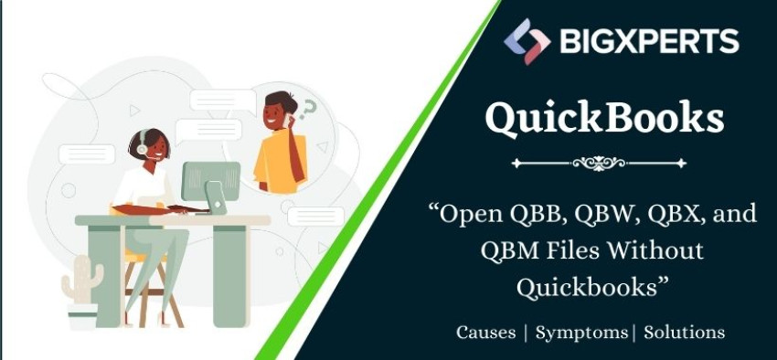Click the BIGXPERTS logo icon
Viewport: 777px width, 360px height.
[527, 41]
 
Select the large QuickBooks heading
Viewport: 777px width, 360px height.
[605, 118]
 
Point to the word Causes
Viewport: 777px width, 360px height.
[485, 332]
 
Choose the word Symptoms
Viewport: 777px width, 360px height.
[581, 332]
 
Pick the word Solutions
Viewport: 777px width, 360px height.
[684, 332]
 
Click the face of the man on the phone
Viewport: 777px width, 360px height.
[275, 114]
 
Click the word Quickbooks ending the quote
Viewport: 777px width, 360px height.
[592, 285]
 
